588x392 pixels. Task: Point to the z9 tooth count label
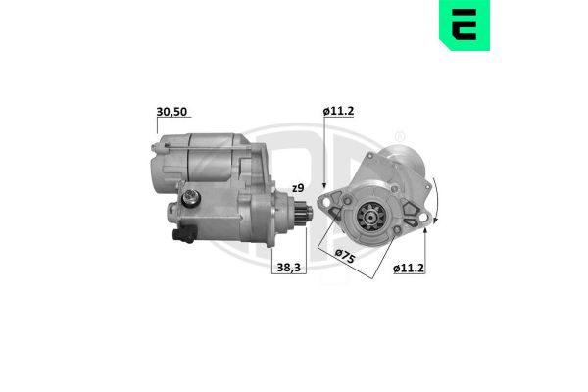point(297,187)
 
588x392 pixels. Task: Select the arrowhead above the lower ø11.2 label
point(426,234)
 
